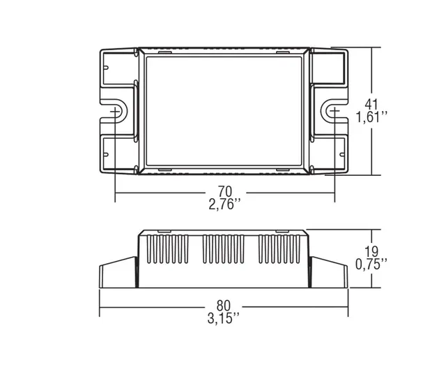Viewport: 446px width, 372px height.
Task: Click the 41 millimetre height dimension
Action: click(x=371, y=104)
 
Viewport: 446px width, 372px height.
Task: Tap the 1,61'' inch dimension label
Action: click(x=371, y=117)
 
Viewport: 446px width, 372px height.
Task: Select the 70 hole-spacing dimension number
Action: click(x=224, y=191)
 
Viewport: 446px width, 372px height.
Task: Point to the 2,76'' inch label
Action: click(x=224, y=204)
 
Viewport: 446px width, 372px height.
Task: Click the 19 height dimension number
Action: click(x=371, y=252)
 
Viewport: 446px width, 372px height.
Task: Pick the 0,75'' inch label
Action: click(x=371, y=265)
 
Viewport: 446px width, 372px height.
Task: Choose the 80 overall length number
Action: click(x=224, y=306)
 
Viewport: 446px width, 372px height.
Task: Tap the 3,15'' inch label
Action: click(x=224, y=318)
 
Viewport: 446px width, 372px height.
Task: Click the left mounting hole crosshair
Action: click(x=115, y=111)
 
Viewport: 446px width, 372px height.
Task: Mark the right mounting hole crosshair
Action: click(x=334, y=111)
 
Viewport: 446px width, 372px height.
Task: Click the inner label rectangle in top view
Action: click(x=224, y=111)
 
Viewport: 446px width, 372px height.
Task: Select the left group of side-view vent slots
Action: click(x=167, y=249)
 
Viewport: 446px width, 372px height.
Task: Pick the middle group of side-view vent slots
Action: click(x=223, y=249)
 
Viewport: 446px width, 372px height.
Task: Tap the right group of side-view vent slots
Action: click(x=279, y=249)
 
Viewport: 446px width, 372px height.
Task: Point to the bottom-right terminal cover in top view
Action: click(x=329, y=154)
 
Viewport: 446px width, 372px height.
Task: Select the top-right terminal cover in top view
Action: click(x=329, y=67)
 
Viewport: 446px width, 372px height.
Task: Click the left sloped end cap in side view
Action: click(x=118, y=272)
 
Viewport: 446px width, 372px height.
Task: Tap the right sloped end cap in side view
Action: click(x=329, y=272)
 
